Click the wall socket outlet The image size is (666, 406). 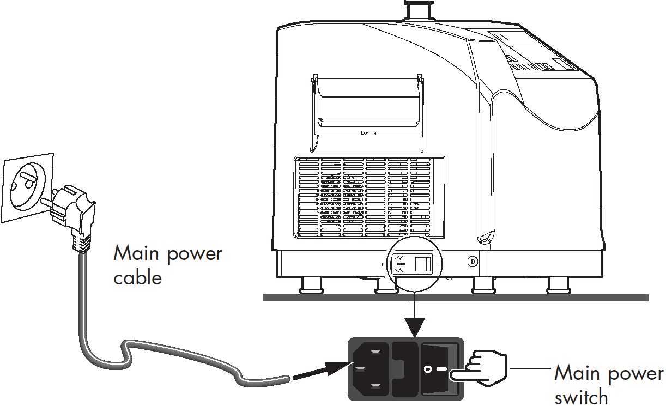(27, 187)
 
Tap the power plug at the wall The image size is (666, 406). (71, 214)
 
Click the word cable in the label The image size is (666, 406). (138, 277)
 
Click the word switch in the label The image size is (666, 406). (582, 397)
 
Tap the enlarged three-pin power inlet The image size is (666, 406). (370, 369)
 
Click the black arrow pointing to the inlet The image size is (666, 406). (323, 371)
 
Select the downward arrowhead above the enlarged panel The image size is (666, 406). (415, 327)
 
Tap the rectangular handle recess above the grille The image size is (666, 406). (367, 113)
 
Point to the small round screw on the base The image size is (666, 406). (473, 262)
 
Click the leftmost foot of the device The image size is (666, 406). (311, 286)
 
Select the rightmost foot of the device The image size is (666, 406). (559, 286)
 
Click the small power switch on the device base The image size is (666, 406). (423, 264)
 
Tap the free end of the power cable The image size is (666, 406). (287, 379)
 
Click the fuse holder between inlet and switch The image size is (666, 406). (404, 369)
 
